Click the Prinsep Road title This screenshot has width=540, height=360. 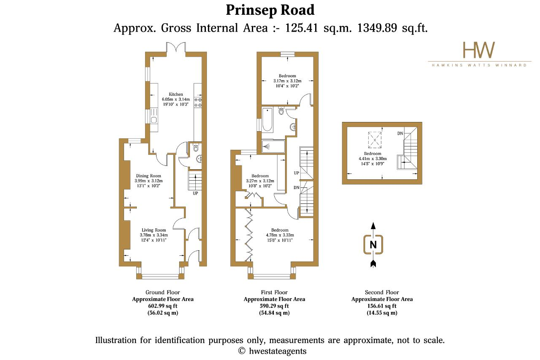coord(270,11)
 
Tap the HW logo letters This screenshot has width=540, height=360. coord(479,50)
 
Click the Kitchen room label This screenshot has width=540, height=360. coord(176,94)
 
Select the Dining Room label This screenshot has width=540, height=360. coord(148,176)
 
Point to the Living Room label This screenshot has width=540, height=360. coord(154,230)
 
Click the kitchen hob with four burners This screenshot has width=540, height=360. coord(198,102)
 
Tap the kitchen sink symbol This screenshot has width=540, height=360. coord(154,117)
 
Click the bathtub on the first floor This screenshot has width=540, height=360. coord(267,120)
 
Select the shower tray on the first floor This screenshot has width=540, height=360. coord(273,146)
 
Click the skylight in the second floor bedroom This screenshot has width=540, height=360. coord(375,140)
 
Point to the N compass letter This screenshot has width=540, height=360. coord(373,245)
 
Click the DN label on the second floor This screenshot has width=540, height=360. coord(400,133)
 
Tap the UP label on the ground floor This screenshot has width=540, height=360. coord(195,193)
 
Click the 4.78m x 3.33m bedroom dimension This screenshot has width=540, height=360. coord(280,235)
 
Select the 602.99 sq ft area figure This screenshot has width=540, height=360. coord(163,306)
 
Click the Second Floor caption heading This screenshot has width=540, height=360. coord(382,292)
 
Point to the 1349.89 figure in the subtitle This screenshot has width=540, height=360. coord(377,28)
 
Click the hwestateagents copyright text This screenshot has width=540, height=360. coord(278,351)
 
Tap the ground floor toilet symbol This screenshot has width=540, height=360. coord(196,148)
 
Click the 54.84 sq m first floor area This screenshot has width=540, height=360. coord(274,313)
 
